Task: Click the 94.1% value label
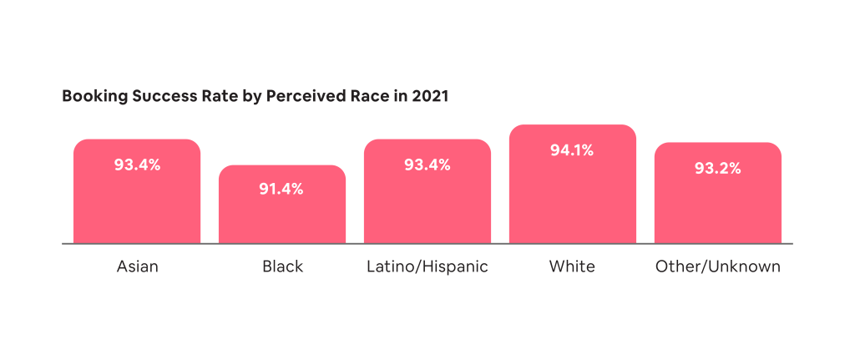(572, 151)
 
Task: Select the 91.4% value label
(281, 189)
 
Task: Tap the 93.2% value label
(717, 169)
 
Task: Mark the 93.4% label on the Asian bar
(137, 165)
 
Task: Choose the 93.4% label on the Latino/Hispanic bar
(427, 165)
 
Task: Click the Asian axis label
(137, 267)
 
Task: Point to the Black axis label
(282, 267)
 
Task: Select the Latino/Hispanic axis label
(427, 267)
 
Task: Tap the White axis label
(572, 267)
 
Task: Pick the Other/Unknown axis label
(717, 267)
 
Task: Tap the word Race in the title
(371, 96)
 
